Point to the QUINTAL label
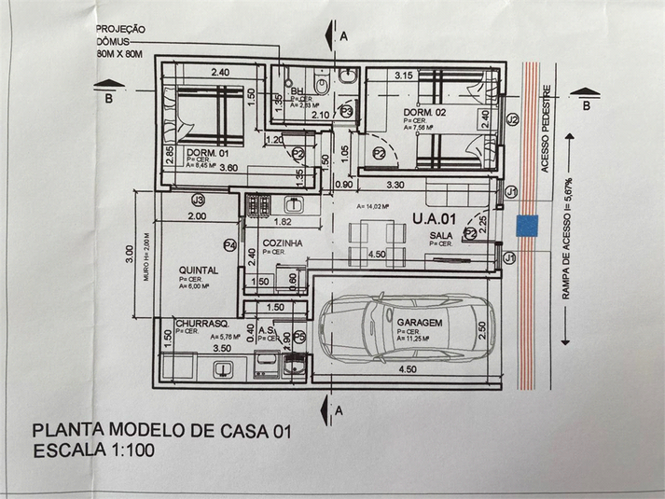[x=199, y=270]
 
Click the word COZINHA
[x=283, y=242]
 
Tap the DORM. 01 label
[x=207, y=153]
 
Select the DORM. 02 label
[x=424, y=112]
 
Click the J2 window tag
[x=512, y=120]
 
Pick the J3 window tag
[x=198, y=201]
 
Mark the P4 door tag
[x=229, y=245]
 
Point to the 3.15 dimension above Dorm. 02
[x=404, y=75]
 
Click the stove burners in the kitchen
[x=256, y=203]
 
